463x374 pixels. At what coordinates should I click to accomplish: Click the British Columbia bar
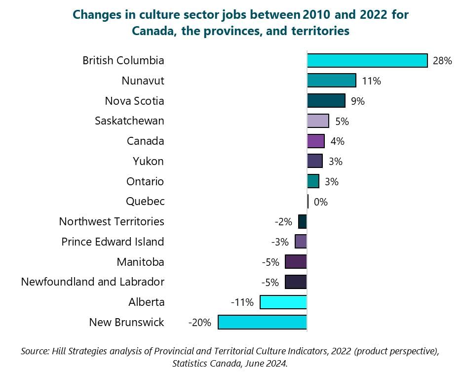coord(367,61)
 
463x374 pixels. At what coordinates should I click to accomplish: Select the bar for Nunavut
coord(331,81)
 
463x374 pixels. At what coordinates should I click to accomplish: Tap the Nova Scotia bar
coord(326,101)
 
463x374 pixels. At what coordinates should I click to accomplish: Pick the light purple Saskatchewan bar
coord(318,121)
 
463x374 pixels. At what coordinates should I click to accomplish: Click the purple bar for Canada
coord(315,141)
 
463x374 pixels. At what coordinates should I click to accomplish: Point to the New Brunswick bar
coord(262,323)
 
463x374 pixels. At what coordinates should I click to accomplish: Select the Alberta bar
coord(283,302)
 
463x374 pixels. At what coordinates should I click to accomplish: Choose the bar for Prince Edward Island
coord(301,242)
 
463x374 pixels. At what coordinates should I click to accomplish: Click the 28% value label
coord(442,61)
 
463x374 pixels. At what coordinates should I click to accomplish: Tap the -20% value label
coord(199,323)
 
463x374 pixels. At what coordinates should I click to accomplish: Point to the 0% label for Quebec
coord(320,202)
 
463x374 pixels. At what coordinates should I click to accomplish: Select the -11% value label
coord(242,302)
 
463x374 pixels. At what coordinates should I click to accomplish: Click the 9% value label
coord(357,101)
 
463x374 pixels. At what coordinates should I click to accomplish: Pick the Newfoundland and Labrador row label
coord(92,282)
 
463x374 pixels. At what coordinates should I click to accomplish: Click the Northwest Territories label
coord(112,221)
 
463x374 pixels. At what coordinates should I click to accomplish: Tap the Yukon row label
coord(148,161)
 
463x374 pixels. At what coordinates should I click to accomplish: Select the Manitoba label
coord(140,262)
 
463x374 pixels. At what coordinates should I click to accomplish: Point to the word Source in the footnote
coord(34,352)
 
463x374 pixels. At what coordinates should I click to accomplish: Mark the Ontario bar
coord(312,181)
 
